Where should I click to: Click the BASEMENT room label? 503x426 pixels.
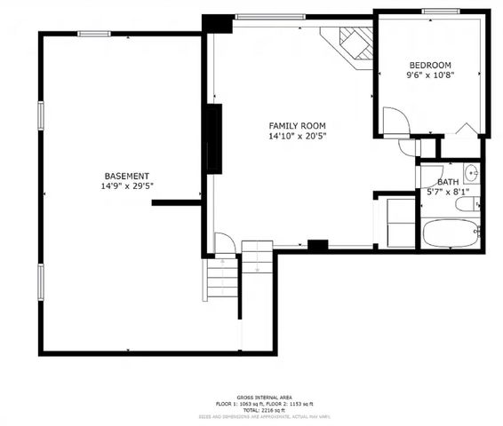tap(126, 176)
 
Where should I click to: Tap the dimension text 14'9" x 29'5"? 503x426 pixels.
tap(126, 187)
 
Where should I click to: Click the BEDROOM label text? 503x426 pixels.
tap(429, 65)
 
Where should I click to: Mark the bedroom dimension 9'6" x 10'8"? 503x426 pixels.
tap(429, 76)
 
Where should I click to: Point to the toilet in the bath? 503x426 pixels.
tap(468, 205)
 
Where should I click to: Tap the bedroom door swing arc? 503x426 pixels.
tap(395, 119)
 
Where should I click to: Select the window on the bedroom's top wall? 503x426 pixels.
tap(440, 11)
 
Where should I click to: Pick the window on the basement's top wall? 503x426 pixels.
tap(94, 34)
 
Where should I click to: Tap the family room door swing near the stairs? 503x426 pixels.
tap(224, 243)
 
